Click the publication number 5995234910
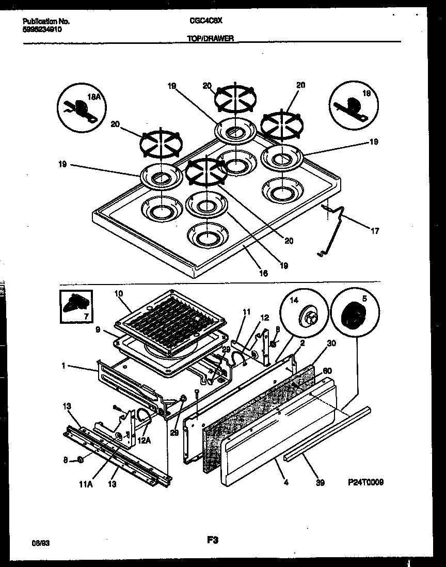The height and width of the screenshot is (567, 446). click(46, 30)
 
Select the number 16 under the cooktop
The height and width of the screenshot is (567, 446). click(263, 274)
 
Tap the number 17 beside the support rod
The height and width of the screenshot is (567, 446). click(375, 231)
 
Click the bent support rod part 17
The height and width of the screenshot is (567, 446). click(336, 227)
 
